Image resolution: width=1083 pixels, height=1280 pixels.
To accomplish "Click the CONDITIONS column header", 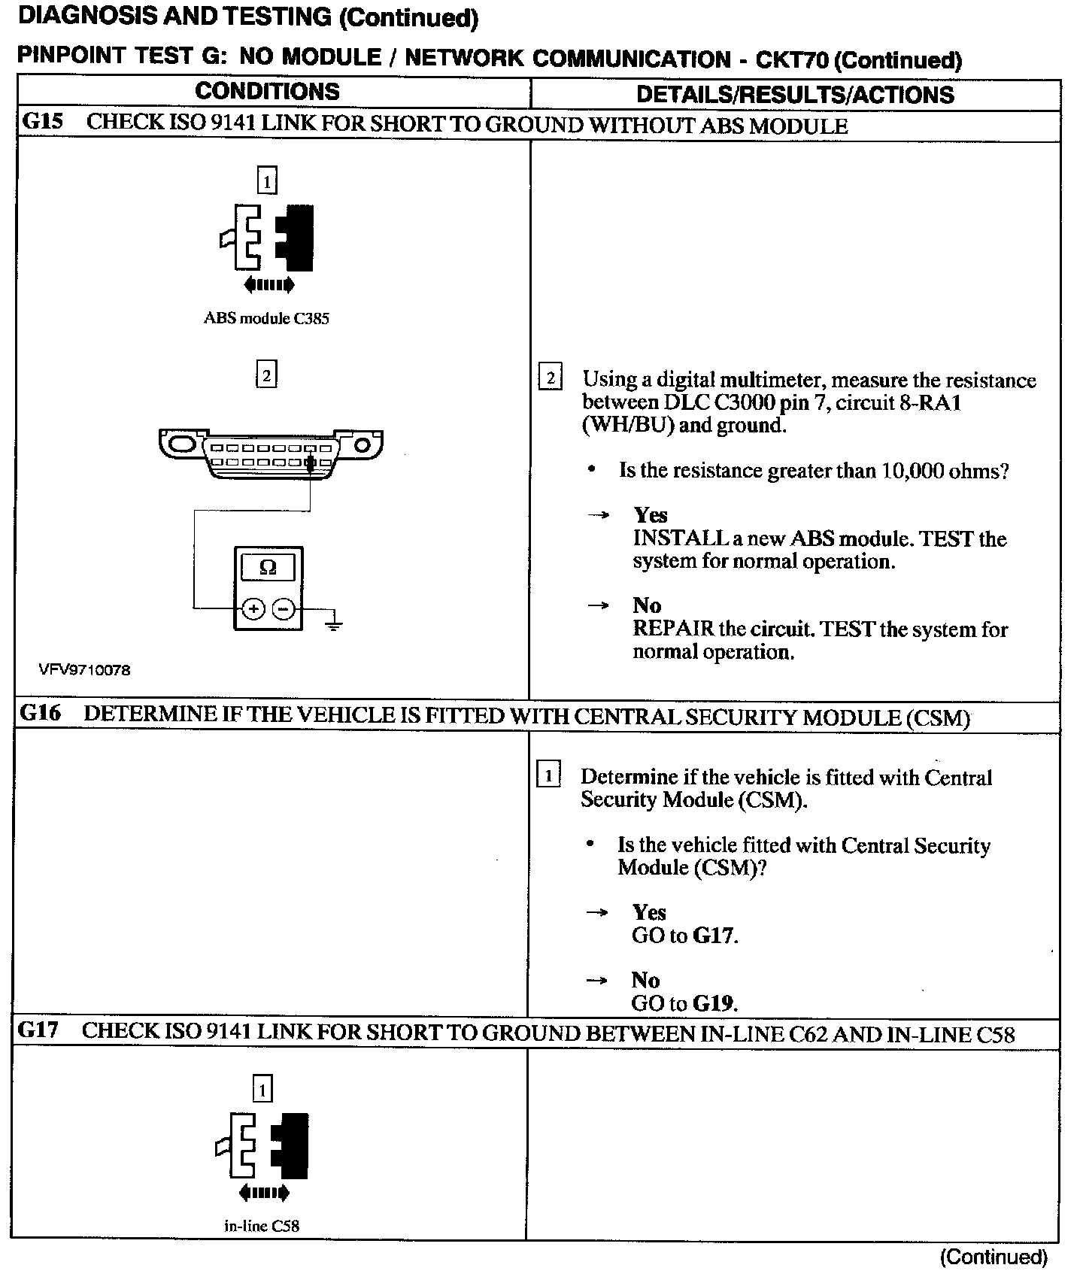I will (267, 92).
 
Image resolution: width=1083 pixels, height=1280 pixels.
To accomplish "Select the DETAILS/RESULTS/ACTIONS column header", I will (795, 95).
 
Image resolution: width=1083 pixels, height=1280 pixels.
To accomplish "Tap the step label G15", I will (43, 122).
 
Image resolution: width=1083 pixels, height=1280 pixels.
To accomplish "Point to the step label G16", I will (41, 714).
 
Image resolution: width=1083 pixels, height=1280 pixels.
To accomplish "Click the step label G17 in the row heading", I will (38, 1030).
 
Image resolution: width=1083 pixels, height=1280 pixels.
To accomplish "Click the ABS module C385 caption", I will (266, 318).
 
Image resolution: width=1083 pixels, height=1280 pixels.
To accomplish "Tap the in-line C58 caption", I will (262, 1226).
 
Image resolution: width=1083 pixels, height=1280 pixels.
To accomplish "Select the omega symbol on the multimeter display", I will (268, 568).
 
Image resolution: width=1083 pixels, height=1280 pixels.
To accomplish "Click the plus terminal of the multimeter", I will (254, 608).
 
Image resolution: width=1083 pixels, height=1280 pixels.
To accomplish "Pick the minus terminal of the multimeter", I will (283, 608).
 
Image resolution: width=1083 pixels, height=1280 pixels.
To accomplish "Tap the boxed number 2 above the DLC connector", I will (266, 375).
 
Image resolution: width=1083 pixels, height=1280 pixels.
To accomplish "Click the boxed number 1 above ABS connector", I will (267, 180).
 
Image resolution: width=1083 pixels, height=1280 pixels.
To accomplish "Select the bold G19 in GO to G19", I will (714, 1003).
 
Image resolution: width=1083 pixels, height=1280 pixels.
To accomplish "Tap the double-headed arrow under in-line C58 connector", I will (263, 1192).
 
